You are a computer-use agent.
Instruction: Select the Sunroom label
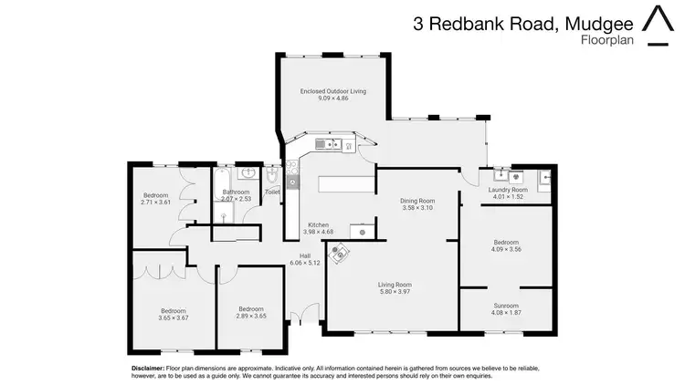pyautogui.click(x=505, y=306)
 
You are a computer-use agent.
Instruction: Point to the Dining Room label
pyautogui.click(x=417, y=201)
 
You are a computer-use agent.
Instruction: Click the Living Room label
pyautogui.click(x=395, y=285)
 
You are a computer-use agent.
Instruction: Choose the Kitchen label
pyautogui.click(x=318, y=224)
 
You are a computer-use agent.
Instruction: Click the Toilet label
pyautogui.click(x=272, y=192)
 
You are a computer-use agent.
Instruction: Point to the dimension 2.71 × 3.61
pyautogui.click(x=157, y=202)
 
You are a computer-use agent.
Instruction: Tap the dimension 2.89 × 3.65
pyautogui.click(x=250, y=316)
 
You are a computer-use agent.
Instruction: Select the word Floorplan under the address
pyautogui.click(x=606, y=40)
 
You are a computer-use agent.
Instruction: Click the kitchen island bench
pyautogui.click(x=347, y=183)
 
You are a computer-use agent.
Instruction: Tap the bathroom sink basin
pyautogui.click(x=248, y=172)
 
